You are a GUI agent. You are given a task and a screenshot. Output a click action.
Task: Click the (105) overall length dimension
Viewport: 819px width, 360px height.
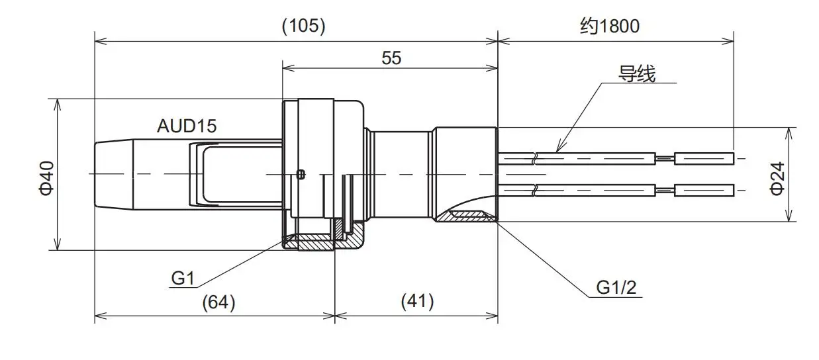304,26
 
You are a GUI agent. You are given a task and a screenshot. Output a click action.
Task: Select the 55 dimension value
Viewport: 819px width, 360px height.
391,58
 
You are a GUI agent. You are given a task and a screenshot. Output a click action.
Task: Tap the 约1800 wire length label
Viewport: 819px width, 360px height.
610,26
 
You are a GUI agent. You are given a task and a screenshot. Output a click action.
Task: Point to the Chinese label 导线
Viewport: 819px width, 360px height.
637,75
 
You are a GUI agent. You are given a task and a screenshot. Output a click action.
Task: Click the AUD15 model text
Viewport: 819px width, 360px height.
187,126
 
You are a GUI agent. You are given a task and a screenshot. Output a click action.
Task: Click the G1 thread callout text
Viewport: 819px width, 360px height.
183,279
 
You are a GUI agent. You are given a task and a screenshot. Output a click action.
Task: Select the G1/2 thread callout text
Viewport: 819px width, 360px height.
616,287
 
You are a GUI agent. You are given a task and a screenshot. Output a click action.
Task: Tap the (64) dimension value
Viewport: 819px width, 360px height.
218,302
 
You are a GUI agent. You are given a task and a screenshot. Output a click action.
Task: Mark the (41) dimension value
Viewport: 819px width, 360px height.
417,302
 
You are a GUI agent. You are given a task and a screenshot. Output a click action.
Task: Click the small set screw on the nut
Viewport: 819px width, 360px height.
301,175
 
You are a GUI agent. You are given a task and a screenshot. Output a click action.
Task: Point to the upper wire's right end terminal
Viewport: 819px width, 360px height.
703,158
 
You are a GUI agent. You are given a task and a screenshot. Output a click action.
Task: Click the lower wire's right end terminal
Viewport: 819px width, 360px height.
703,190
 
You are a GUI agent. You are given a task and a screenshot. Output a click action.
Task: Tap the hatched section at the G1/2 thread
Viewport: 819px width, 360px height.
467,215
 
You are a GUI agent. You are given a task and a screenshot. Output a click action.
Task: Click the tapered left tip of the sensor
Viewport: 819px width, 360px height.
113,174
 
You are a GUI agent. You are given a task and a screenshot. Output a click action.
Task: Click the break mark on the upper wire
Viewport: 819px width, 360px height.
535,159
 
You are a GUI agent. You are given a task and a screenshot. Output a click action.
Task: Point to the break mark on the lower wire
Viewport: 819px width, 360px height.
535,191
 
